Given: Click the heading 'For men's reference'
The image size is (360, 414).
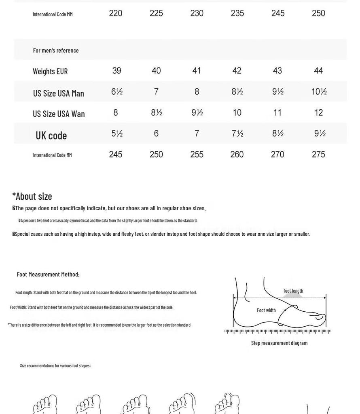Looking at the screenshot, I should (56, 51).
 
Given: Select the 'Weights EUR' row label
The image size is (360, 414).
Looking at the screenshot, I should (50, 72).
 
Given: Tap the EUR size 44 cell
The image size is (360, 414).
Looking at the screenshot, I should (318, 71).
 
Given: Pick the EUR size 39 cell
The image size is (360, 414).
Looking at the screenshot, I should (116, 71).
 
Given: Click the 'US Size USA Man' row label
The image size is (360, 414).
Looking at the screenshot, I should (59, 93).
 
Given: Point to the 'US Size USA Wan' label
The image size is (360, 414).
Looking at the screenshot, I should (59, 114).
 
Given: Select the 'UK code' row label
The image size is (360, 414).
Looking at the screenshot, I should (51, 135).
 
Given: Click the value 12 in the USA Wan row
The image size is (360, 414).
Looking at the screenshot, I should (318, 113).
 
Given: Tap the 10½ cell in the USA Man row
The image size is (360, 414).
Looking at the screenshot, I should (319, 92).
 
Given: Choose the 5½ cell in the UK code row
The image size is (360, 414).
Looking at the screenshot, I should (117, 133).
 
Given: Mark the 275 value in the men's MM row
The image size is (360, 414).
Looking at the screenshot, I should (318, 154).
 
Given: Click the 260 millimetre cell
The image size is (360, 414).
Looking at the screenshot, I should (237, 154).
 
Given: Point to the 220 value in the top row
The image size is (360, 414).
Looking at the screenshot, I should (116, 13).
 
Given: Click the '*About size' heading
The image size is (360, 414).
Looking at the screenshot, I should (32, 196).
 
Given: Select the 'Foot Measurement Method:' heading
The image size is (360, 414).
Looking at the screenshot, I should (48, 275).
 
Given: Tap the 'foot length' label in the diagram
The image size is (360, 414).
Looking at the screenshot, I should (293, 291).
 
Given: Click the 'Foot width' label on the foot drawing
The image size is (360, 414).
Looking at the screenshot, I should (266, 310).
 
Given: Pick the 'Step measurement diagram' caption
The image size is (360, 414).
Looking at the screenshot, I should (279, 343).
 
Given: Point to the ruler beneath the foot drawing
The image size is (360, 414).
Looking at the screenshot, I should (278, 331).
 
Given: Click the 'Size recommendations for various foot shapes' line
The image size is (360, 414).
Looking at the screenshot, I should (55, 365).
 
